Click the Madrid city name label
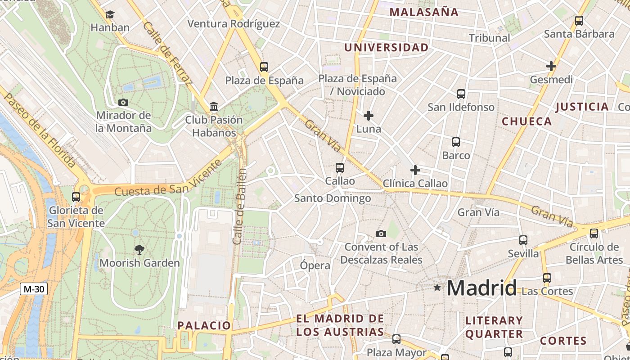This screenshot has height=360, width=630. coord(482,288)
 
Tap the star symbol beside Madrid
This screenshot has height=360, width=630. coord(437,287)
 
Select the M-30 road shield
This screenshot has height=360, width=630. coord(33,289)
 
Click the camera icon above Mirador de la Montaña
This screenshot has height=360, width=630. coord(123,102)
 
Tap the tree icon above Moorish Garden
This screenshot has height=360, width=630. coord(139,249)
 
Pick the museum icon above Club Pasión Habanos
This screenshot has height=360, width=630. coord(214,107)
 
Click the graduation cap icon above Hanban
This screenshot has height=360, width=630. coord(110,15)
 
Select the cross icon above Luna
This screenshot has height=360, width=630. coord(369,116)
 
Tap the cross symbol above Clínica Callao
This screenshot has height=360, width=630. coord(415,170)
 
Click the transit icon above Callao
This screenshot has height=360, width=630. coord(340,168)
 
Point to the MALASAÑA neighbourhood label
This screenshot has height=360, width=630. coord(423,12)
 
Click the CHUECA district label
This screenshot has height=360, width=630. coord(526,121)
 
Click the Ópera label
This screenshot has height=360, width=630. coord(315,265)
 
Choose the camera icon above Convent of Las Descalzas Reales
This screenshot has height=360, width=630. coord(381,234)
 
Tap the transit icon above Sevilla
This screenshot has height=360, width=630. coord(523,240)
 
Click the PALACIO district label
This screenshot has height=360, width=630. coord(204,325)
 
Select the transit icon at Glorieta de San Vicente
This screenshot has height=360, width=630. coord(76,197)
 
